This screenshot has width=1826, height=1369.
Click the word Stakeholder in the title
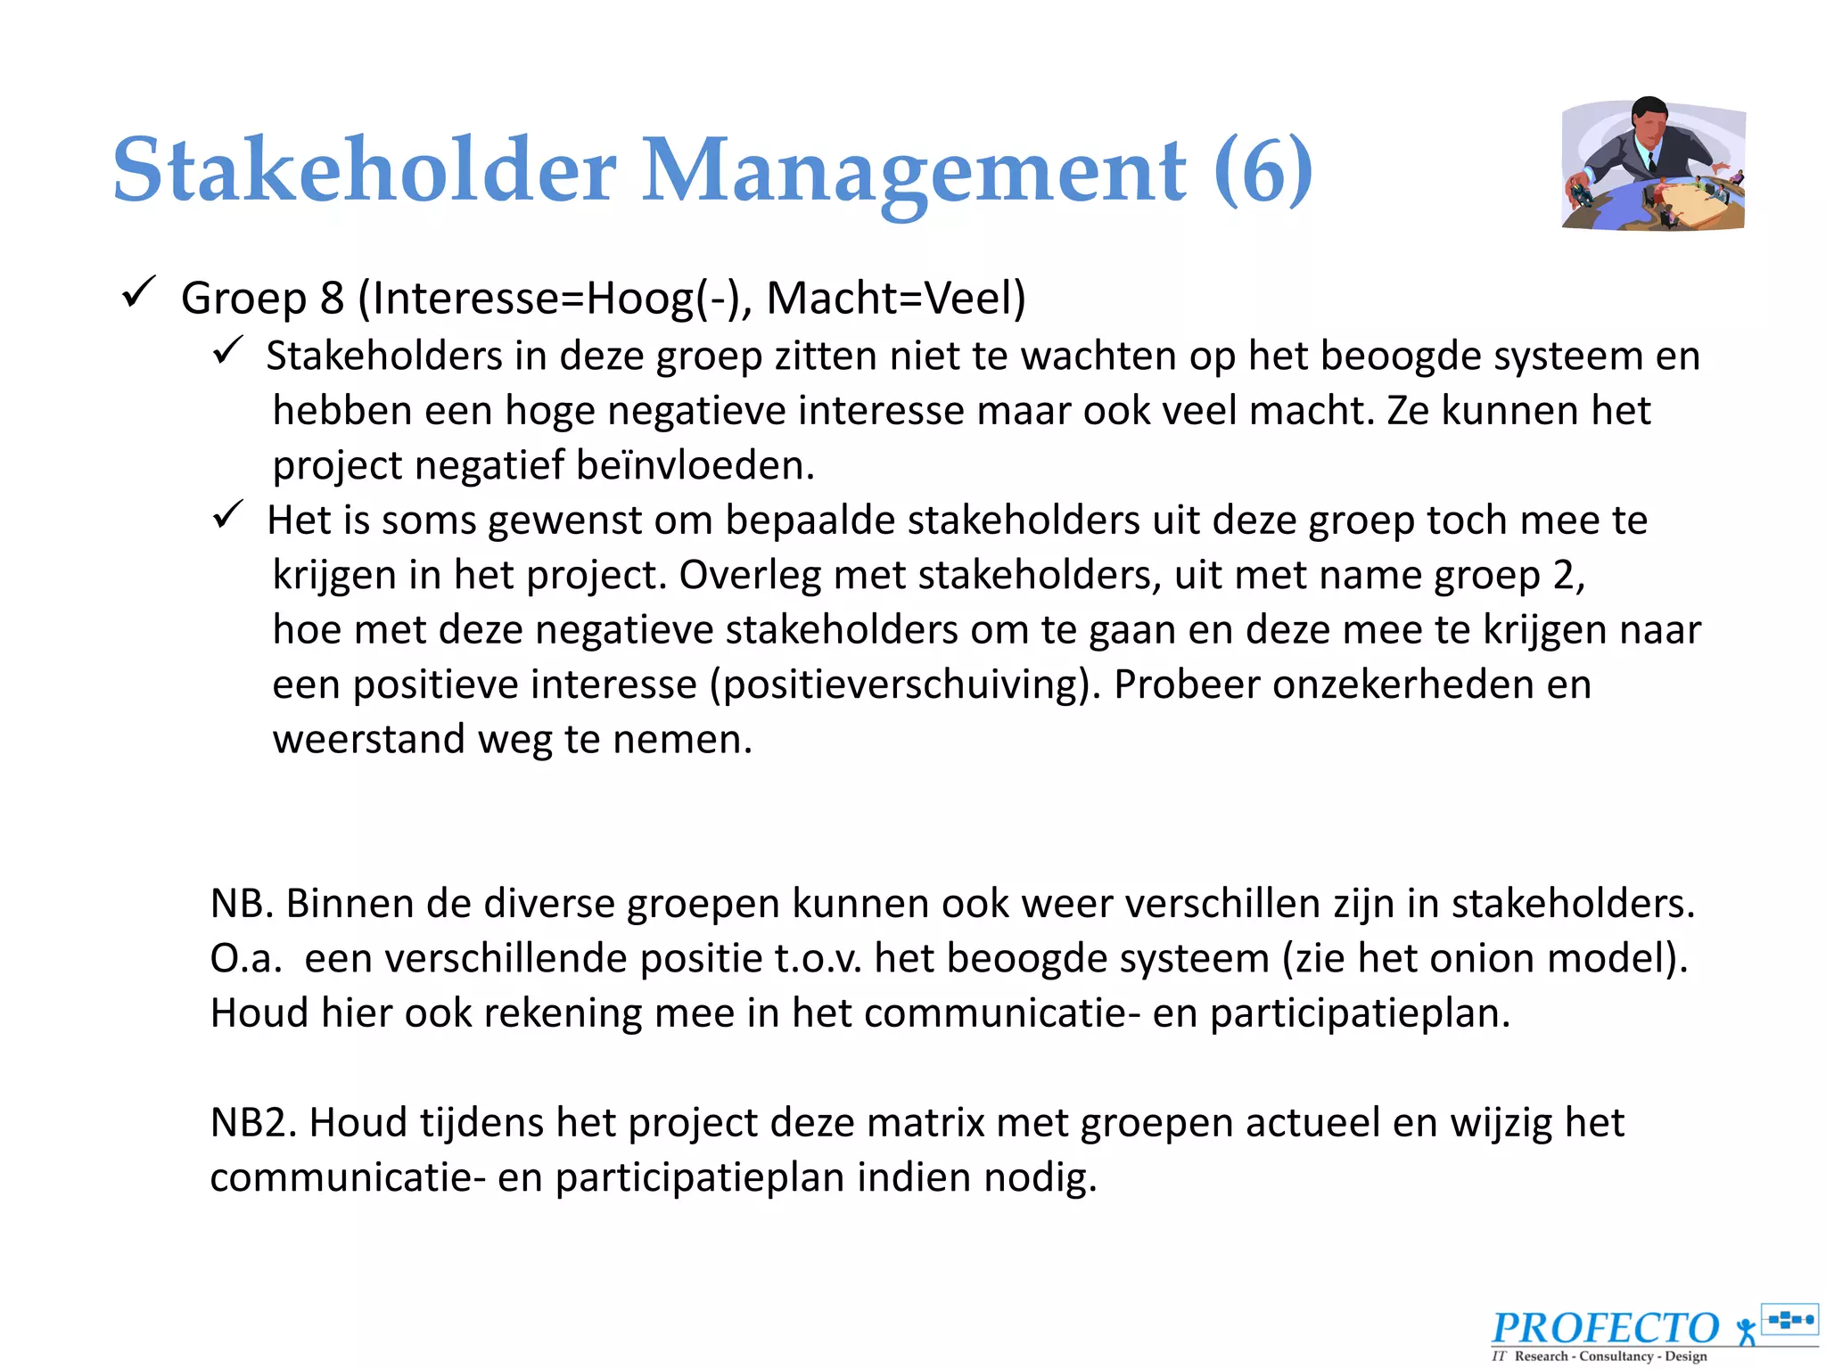click(364, 169)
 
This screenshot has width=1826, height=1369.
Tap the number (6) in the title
click(1263, 169)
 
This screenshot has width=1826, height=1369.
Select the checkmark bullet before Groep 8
click(139, 291)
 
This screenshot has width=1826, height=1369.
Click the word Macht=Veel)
click(896, 298)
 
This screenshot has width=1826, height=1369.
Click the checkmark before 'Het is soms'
click(228, 515)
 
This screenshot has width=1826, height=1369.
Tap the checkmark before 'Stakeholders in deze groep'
click(228, 350)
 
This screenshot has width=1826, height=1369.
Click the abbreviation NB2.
click(253, 1122)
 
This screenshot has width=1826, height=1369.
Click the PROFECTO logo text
click(1605, 1327)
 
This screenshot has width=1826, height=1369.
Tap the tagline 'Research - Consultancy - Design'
click(1610, 1357)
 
